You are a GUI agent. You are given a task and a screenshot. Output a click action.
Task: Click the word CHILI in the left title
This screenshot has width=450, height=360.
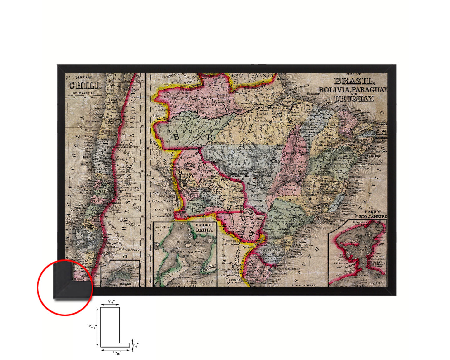[x=85, y=85]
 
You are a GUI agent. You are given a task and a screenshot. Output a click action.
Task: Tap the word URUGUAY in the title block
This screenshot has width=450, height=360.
[x=354, y=99]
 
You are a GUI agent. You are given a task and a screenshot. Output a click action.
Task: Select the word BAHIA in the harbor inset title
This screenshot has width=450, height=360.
[x=204, y=230]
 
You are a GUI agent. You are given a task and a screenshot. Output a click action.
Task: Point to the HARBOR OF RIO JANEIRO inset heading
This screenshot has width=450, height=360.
[x=372, y=214]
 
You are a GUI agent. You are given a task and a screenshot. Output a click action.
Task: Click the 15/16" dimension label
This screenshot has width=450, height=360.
[x=92, y=327]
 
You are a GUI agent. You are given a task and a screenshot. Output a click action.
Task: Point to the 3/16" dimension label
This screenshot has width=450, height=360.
[x=135, y=345]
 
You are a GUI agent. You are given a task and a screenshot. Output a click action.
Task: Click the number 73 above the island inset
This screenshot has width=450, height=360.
[x=125, y=257]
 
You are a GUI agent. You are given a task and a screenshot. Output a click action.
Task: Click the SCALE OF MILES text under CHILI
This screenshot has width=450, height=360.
[x=83, y=93]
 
